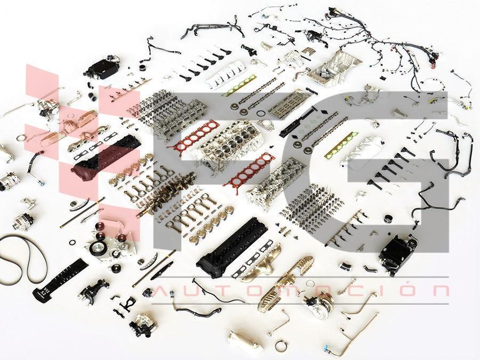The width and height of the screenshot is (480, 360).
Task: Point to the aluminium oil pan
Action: (x=335, y=69)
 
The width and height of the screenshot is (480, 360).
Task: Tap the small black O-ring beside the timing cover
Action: (x=72, y=242)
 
